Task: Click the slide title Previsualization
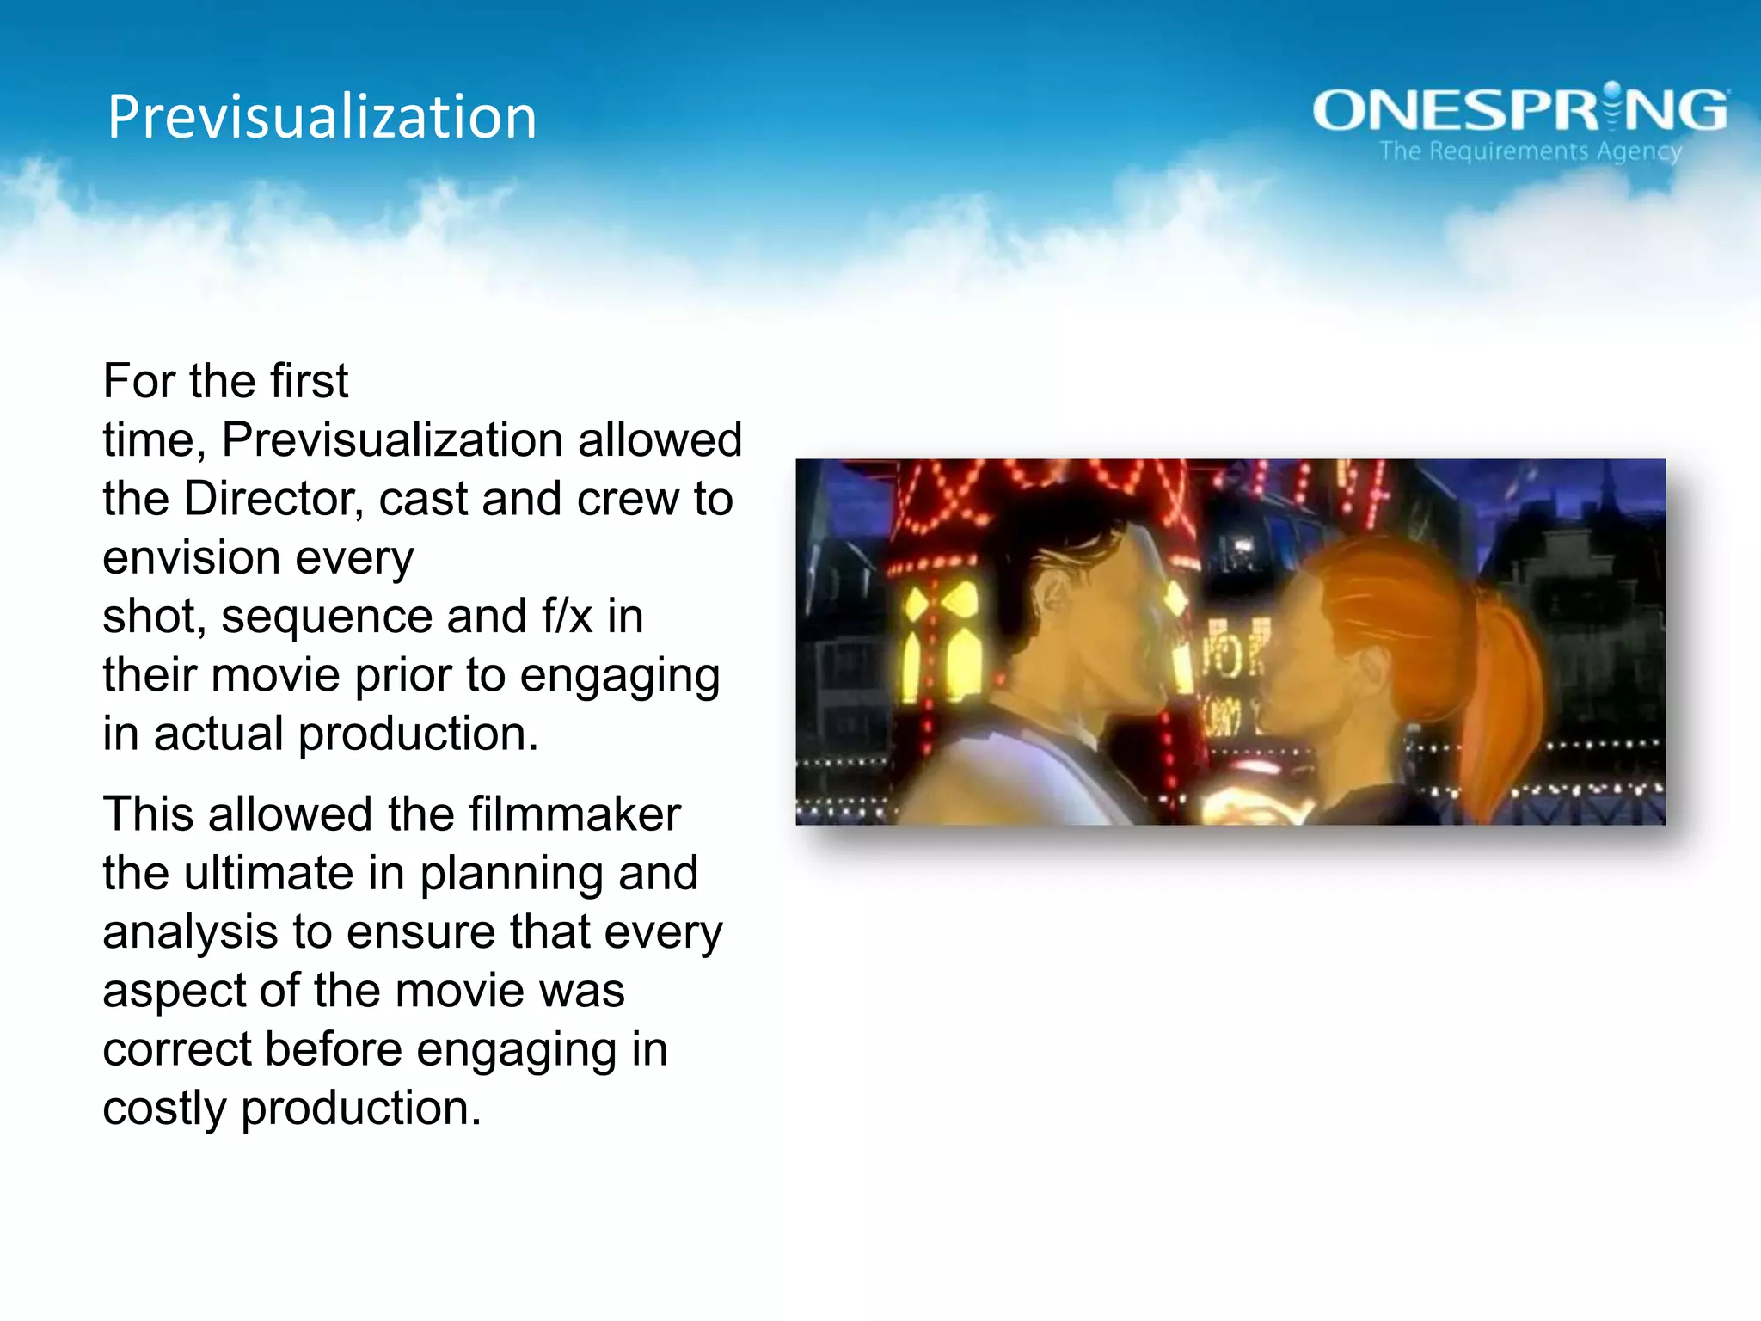tap(322, 117)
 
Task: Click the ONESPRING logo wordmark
tap(1519, 110)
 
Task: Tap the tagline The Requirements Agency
tap(1531, 151)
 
